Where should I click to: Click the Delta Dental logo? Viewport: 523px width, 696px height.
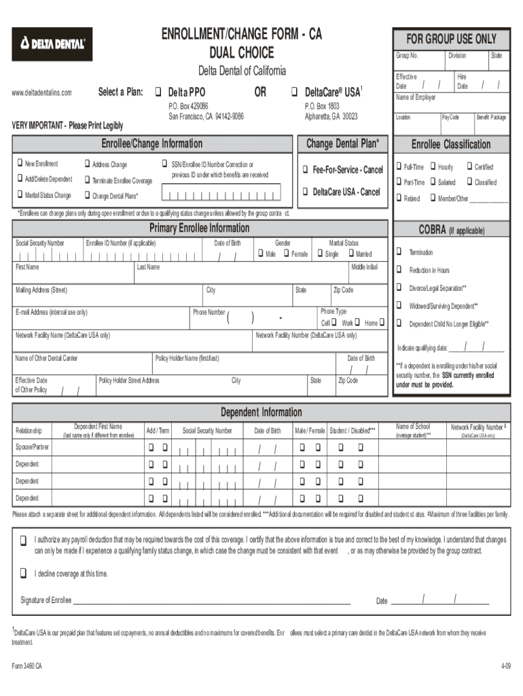click(52, 44)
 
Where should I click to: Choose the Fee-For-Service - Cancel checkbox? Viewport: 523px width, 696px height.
click(306, 169)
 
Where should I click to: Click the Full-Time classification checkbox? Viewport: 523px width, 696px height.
click(399, 167)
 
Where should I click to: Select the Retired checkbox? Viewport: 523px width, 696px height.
click(399, 198)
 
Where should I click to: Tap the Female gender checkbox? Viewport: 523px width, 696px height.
click(285, 254)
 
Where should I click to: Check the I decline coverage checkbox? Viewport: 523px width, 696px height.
click(24, 573)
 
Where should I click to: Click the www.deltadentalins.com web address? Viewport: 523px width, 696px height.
click(42, 92)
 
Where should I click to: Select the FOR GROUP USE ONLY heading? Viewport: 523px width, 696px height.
click(451, 39)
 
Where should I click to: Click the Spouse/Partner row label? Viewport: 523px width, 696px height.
click(33, 447)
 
